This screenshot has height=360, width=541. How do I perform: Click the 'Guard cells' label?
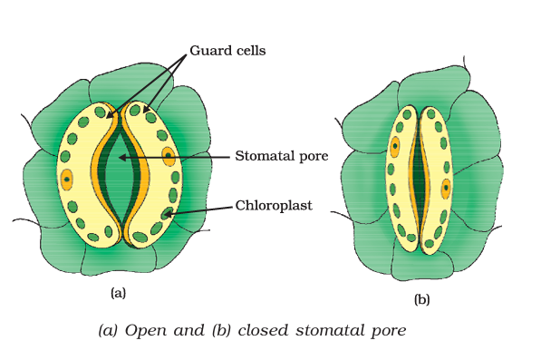(227, 51)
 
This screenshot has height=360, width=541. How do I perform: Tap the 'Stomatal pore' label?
(281, 156)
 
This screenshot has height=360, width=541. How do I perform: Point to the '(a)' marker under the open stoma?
(118, 293)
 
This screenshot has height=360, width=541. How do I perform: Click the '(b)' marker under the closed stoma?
(421, 299)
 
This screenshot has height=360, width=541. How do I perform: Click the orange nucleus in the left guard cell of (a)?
(66, 179)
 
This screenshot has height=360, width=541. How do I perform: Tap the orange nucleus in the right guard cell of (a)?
(169, 155)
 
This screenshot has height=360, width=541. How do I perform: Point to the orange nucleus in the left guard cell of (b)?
(394, 146)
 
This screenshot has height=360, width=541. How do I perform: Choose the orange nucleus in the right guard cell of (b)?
(446, 189)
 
